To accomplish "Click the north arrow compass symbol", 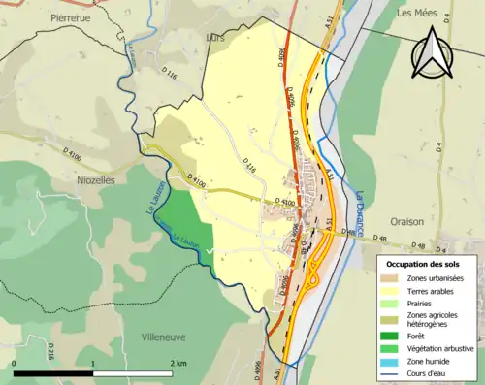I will [x=433, y=53].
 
